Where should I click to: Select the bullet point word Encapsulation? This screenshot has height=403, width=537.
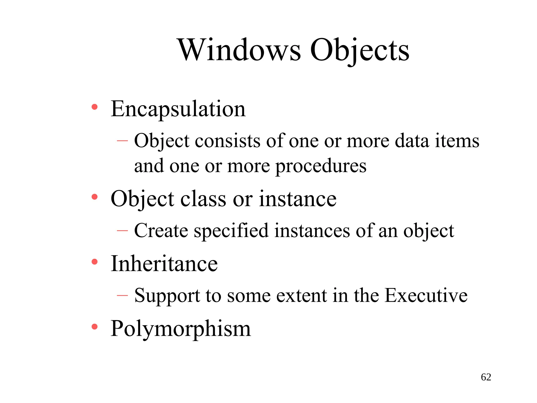tap(178, 109)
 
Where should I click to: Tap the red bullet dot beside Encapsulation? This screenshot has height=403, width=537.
tap(95, 107)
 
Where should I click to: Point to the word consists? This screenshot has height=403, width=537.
tap(228, 141)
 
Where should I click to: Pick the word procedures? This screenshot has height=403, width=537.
tap(321, 166)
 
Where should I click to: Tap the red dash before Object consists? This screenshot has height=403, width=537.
tap(122, 141)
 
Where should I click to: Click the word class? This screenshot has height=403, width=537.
tap(203, 199)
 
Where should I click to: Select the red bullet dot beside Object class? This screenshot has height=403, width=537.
tap(95, 197)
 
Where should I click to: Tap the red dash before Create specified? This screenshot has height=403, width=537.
tap(122, 231)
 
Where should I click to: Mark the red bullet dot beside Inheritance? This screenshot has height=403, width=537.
tap(95, 262)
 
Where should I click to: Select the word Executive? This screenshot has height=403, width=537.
tap(426, 295)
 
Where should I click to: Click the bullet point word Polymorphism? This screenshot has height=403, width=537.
tap(181, 329)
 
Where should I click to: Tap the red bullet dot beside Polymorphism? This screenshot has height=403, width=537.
tap(95, 327)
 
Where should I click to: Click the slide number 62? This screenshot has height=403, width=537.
tap(486, 377)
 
